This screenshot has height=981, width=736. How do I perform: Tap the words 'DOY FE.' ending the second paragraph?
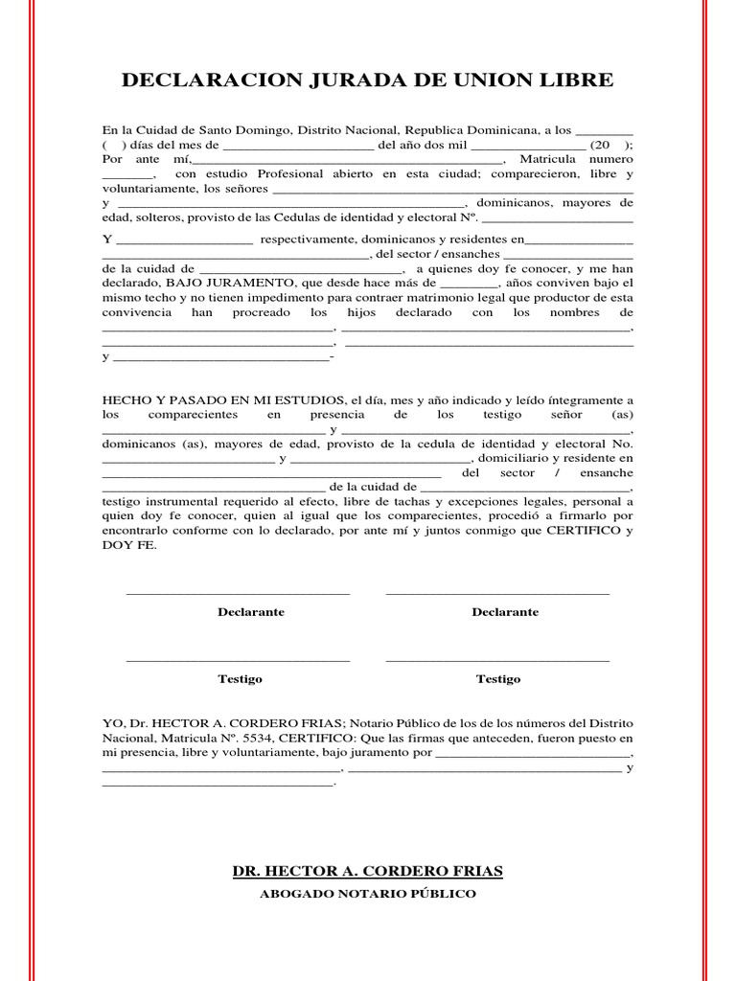point(126,544)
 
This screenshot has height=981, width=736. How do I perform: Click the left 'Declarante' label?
point(251,612)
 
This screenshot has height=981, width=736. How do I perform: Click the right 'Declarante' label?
point(505,612)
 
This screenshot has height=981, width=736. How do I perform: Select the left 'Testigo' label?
point(240,679)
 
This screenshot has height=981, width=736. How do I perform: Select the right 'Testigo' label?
point(498,679)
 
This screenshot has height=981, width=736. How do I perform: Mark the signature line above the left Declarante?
point(239,594)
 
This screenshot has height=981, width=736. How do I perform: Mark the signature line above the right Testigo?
point(497,661)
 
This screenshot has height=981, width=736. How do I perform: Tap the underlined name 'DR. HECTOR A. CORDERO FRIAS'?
point(368,871)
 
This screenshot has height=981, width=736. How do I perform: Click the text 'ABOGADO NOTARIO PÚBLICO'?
point(368,894)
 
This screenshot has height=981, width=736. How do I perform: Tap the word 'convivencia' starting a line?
point(137,313)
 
